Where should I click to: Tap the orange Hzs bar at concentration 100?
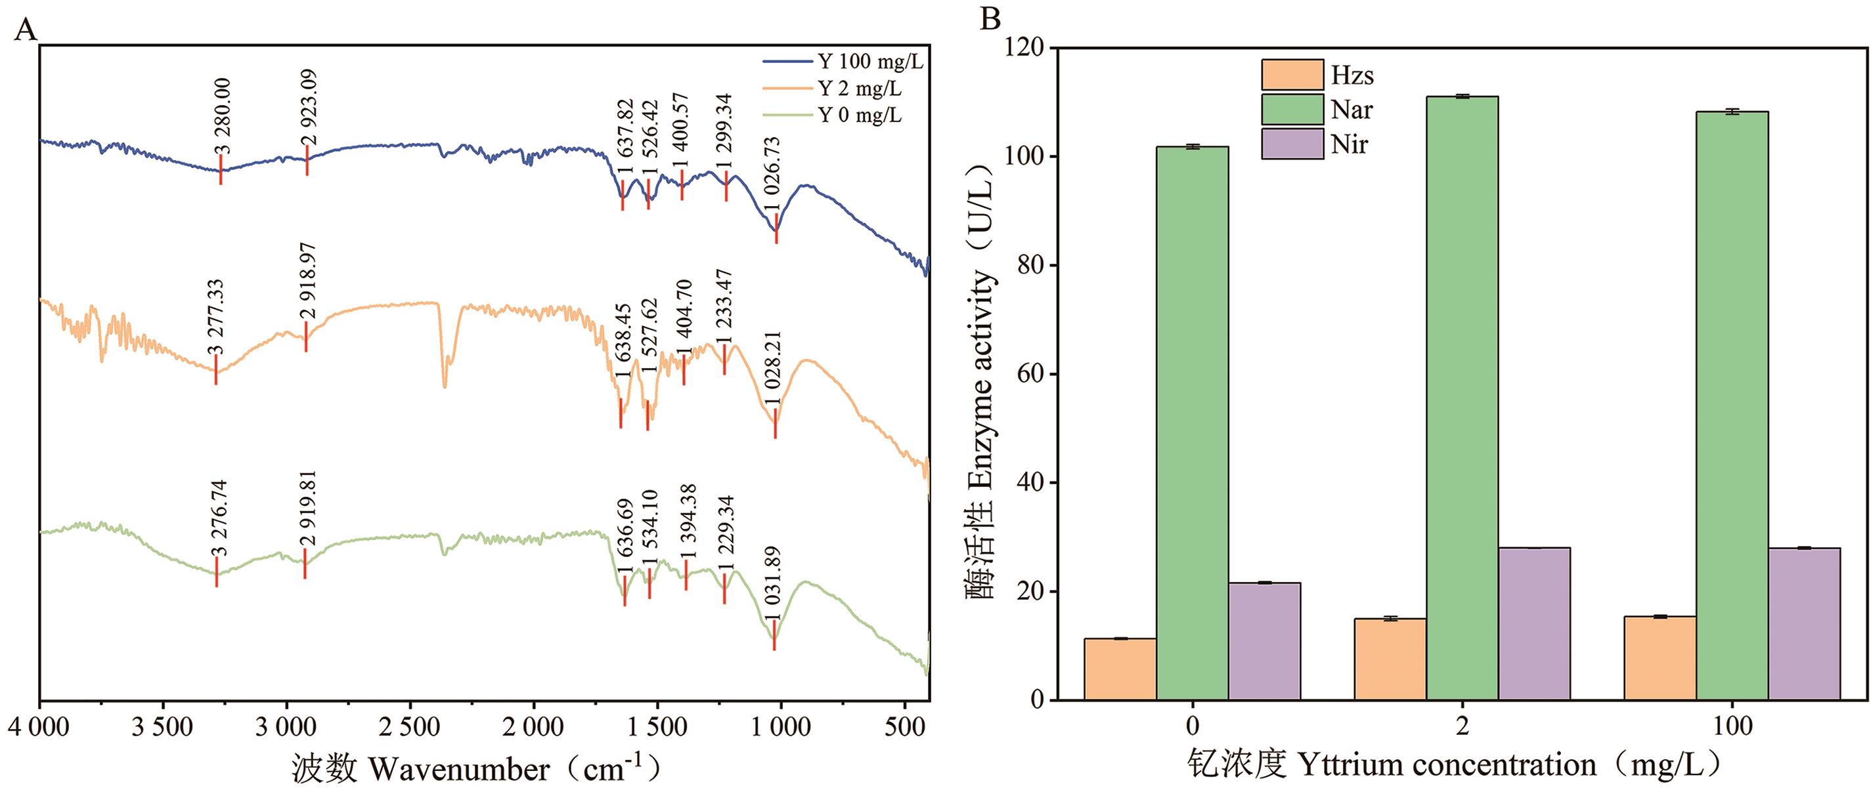tap(1660, 657)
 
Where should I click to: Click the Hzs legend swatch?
tap(1292, 75)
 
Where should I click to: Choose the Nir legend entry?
tap(1349, 144)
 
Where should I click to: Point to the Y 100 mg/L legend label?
tap(870, 62)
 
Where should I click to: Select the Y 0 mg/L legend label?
tap(859, 115)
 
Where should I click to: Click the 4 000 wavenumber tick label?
tap(39, 726)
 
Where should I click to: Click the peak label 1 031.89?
tap(773, 585)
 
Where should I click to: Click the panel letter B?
tap(990, 18)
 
